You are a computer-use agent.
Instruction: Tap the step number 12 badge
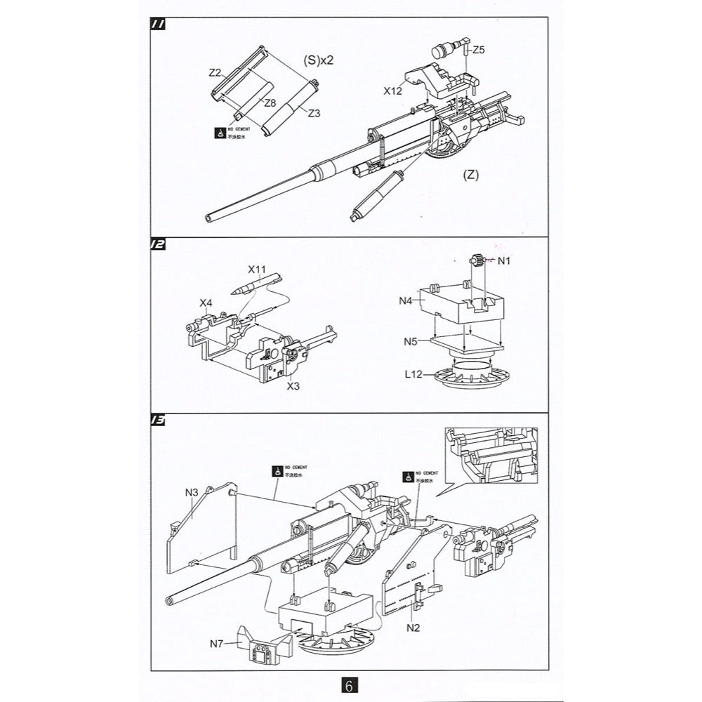(x=158, y=245)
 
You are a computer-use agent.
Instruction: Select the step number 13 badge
(x=158, y=420)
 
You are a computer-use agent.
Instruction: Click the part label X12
(x=392, y=91)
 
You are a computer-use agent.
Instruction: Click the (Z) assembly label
(x=470, y=175)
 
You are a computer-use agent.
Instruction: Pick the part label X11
(x=257, y=269)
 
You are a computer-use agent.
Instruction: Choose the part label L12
(x=412, y=376)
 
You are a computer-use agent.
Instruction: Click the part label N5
(x=412, y=342)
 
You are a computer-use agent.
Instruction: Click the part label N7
(x=218, y=642)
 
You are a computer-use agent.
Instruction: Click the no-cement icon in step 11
(x=220, y=133)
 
